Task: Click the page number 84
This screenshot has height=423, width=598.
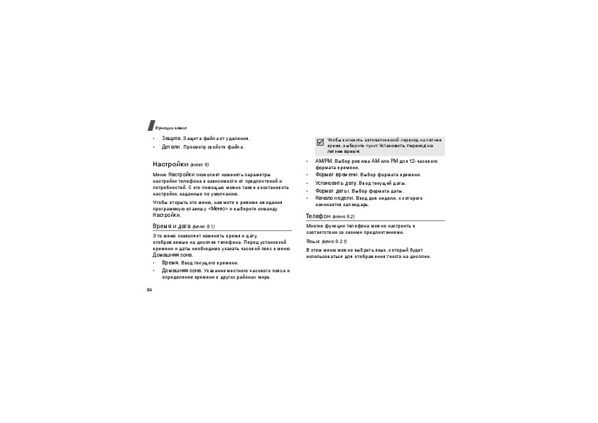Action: tap(150, 290)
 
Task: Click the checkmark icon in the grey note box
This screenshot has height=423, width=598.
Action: tap(320, 142)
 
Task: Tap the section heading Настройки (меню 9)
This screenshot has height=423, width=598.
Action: tap(180, 164)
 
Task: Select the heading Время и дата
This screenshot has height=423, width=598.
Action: tap(173, 225)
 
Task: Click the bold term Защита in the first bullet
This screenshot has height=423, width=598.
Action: tap(171, 138)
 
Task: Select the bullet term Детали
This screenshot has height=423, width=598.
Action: tap(170, 147)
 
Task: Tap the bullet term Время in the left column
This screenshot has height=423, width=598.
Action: tap(170, 262)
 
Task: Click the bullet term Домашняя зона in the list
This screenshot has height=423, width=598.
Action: tap(181, 271)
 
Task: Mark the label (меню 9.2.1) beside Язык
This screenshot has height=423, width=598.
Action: tap(335, 242)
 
